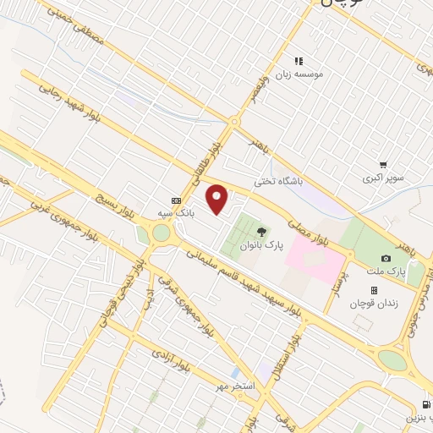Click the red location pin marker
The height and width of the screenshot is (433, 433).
[x=218, y=200]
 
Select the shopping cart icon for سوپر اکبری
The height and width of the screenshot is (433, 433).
[x=383, y=165]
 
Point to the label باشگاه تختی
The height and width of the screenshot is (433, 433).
[x=278, y=181]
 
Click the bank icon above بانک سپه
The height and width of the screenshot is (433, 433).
[x=176, y=200]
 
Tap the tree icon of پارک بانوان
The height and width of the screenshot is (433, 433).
[x=261, y=231]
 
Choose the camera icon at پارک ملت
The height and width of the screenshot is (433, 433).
[x=386, y=258]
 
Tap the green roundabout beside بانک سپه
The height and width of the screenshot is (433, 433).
[x=161, y=233]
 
